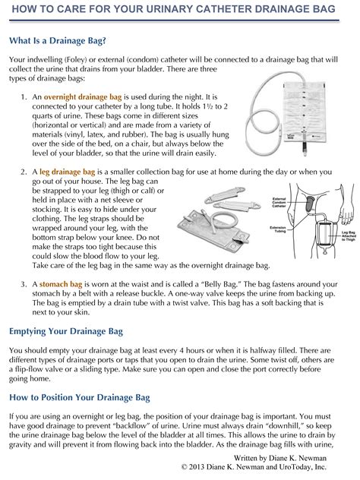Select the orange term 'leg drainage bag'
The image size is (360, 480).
click(68, 173)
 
